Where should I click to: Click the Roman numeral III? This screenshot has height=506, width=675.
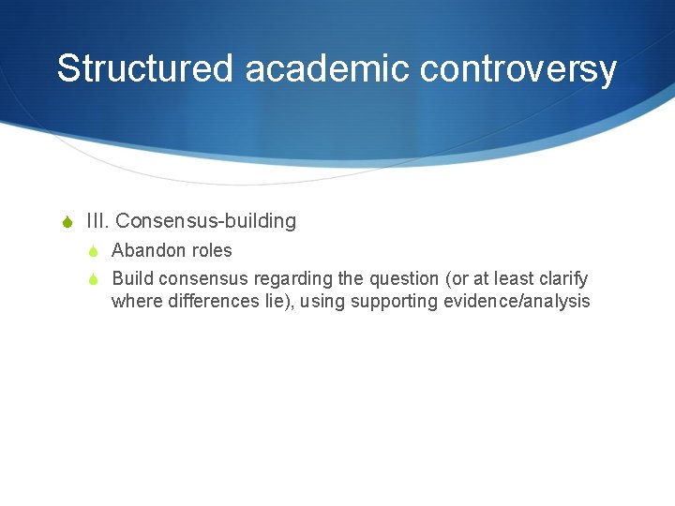[x=98, y=222]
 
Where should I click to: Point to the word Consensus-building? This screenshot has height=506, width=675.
[x=206, y=222]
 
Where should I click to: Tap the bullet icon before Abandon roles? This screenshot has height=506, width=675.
[x=94, y=251]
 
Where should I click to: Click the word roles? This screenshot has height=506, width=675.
[x=212, y=251]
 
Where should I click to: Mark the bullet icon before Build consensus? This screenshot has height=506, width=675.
[x=94, y=279]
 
